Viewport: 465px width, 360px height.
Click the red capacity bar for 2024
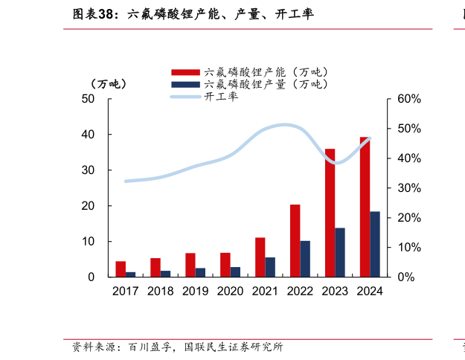point(365,207)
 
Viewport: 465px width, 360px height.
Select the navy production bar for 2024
point(375,244)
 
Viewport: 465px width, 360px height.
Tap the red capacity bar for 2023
point(330,213)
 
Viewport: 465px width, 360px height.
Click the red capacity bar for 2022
point(295,240)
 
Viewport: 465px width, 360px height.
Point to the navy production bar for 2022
point(305,259)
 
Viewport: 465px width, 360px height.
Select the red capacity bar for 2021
point(260,257)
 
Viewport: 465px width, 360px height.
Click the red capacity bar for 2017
point(121,269)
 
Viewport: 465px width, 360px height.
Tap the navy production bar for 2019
point(200,272)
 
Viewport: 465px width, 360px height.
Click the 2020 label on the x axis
point(230,292)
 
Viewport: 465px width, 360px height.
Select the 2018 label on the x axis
point(161,292)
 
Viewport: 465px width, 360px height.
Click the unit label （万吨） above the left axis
point(109,84)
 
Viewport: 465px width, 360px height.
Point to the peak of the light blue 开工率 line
point(283,125)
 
